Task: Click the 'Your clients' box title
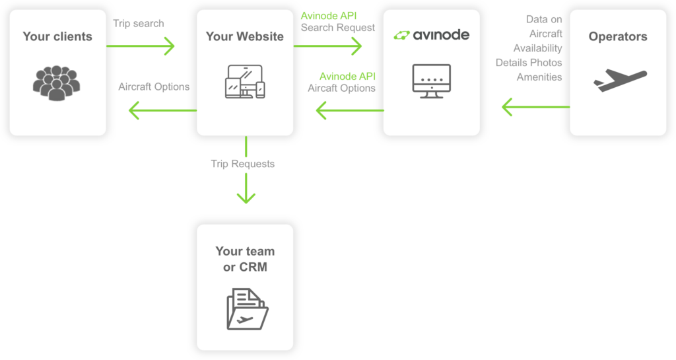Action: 57,36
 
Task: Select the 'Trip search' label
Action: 139,23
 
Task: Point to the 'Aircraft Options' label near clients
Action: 154,87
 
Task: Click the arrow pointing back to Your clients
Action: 161,110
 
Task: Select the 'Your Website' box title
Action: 245,36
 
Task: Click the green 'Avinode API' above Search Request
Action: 328,15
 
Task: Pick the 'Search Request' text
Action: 338,28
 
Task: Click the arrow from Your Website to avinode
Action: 328,46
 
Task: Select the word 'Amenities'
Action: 539,77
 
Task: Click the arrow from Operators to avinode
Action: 535,106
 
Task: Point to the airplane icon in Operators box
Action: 619,80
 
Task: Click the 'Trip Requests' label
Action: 242,164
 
